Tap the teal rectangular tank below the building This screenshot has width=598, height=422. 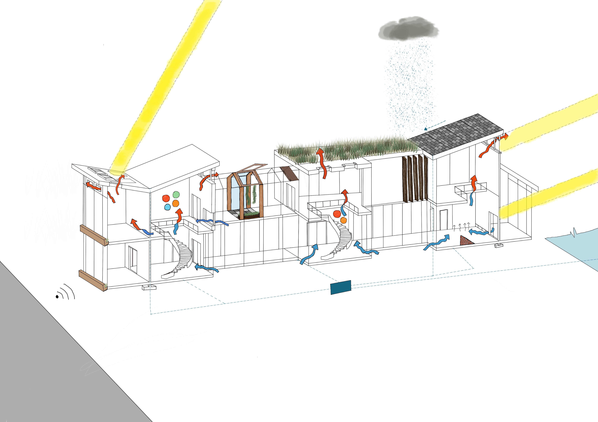tap(340, 287)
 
